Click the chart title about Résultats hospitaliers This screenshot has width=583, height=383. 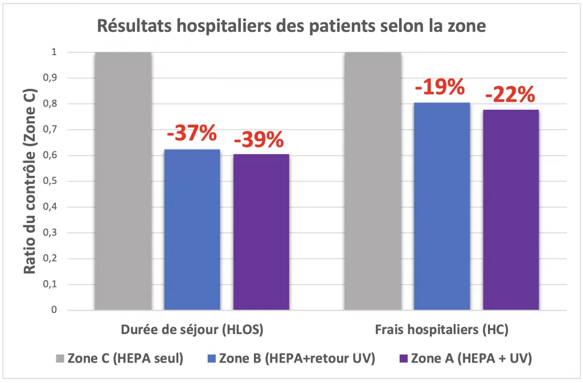pos(291,26)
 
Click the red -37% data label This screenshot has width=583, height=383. pos(191,134)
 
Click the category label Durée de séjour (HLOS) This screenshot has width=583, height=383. pos(192,330)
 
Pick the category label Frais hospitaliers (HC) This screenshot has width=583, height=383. pos(441,330)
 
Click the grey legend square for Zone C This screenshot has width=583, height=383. pos(60,359)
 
